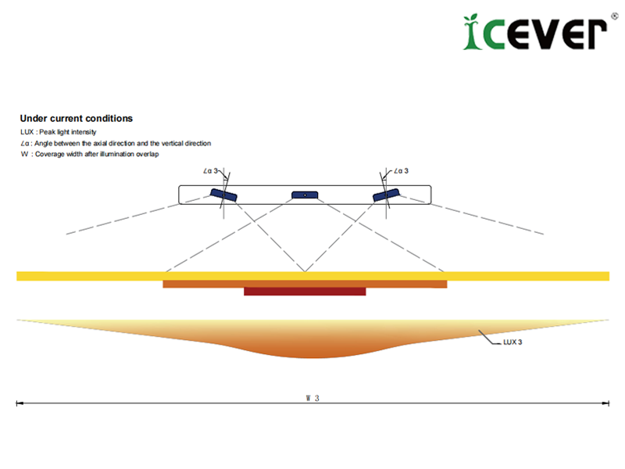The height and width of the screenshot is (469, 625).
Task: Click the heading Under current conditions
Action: [76, 119]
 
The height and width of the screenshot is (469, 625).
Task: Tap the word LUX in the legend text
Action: [27, 132]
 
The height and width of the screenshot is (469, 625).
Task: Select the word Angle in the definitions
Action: [44, 143]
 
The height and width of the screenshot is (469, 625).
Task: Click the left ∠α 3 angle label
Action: [210, 170]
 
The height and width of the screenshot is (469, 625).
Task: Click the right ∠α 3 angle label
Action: [401, 170]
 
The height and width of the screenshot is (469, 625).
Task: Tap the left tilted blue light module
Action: [223, 195]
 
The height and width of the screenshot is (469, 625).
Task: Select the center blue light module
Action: [305, 195]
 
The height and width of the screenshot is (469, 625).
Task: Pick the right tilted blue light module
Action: [386, 195]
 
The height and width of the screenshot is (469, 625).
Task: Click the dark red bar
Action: [305, 292]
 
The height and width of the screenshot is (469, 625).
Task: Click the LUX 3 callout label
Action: [512, 342]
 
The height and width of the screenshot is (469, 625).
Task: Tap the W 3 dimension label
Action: [312, 398]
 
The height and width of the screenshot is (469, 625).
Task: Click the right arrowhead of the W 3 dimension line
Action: [606, 403]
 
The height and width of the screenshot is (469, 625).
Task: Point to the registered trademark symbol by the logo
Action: [615, 16]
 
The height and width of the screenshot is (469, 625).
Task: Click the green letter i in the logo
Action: [473, 32]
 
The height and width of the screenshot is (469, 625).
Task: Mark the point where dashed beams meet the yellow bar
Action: [305, 271]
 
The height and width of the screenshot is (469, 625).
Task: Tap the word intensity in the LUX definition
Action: [84, 132]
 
